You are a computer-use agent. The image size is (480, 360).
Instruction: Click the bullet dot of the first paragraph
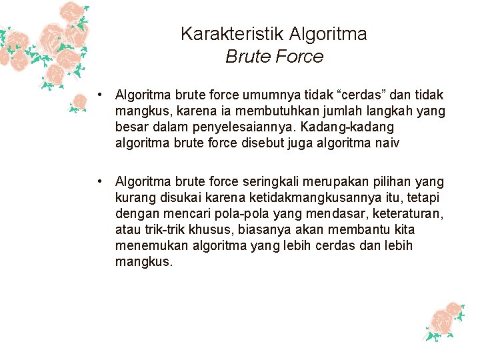[98, 95]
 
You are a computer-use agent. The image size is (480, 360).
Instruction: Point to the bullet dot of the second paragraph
[98, 181]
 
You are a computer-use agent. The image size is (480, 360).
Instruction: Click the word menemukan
[148, 246]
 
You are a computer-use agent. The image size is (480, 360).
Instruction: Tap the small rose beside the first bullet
[79, 102]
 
